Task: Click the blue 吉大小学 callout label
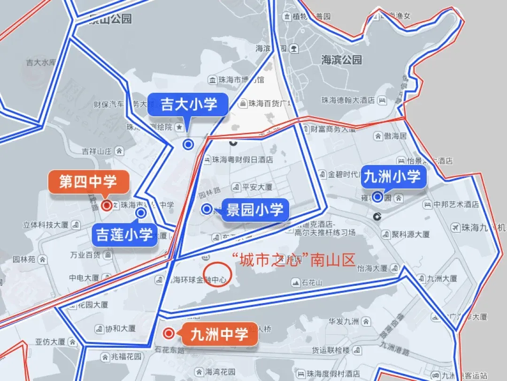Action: pos(189,105)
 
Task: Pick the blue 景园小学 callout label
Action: pos(255,210)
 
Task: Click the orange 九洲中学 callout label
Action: pos(220,335)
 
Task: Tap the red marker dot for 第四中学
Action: pos(107,205)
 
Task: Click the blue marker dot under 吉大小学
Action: pos(188,145)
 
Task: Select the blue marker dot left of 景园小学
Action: pos(207,210)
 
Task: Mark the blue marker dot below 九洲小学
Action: pos(377,197)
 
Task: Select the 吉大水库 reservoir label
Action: pos(41,62)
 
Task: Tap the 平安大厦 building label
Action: pos(257,187)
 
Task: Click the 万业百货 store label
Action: pos(85,255)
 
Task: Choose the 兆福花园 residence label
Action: pos(126,357)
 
